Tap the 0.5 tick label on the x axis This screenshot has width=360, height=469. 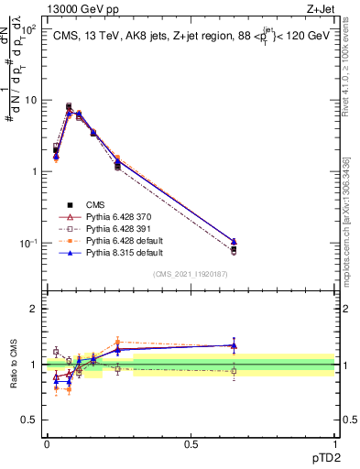pyautogui.click(x=191, y=442)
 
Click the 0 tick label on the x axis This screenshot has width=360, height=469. pyautogui.click(x=47, y=442)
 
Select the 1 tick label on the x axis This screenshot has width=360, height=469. pyautogui.click(x=335, y=442)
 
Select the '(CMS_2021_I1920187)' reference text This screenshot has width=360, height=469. pyautogui.click(x=190, y=274)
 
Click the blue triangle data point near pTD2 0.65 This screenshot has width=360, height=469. pyautogui.click(x=234, y=242)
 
